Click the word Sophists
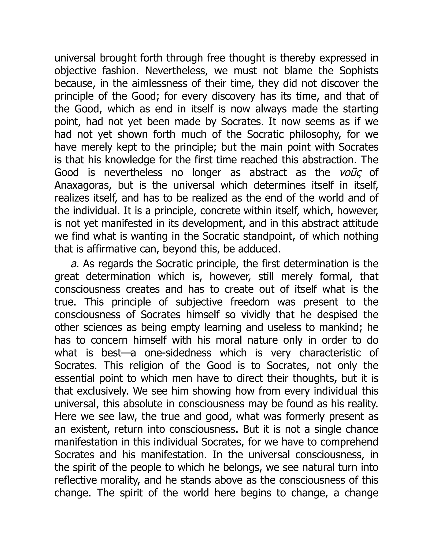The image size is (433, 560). point(359,71)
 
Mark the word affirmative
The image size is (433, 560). point(121,249)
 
